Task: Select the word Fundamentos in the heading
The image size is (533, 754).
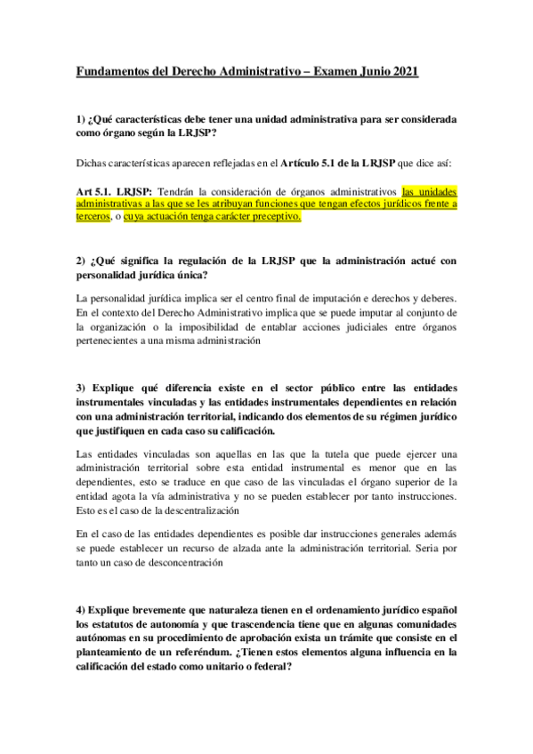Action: [113, 71]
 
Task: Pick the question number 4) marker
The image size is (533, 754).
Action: [81, 612]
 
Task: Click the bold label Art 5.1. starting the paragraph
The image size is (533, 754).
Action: [94, 190]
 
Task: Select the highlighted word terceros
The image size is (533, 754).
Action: [95, 216]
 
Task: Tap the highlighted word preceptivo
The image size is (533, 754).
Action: [274, 216]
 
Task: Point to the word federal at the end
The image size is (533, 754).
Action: [274, 668]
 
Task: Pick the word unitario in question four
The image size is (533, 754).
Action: [230, 668]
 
